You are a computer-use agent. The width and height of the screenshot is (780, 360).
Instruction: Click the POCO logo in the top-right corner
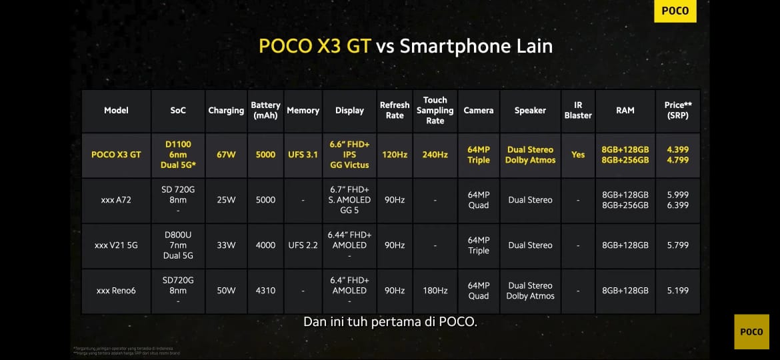coord(675,11)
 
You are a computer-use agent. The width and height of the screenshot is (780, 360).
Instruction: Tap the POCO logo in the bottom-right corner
coord(751,332)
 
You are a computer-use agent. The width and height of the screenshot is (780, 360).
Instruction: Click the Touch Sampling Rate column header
coord(435,111)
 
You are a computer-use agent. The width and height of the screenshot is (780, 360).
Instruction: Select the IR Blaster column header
coord(578,111)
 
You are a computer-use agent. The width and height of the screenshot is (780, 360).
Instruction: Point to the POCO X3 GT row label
coord(116,155)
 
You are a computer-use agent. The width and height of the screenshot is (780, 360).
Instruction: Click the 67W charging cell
coord(226,155)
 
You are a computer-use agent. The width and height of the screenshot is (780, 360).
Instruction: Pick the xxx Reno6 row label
coord(116,291)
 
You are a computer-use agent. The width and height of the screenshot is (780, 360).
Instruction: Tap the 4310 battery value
coord(265,291)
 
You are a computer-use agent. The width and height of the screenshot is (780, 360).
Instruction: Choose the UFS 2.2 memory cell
coord(303,245)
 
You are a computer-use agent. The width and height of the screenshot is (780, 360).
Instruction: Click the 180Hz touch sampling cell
coord(435,291)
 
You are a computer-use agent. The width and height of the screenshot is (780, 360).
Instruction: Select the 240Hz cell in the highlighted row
coord(435,155)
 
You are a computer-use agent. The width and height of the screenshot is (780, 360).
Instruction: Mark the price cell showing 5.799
coord(677,245)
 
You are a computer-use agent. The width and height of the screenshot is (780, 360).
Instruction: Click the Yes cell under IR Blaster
coord(578,155)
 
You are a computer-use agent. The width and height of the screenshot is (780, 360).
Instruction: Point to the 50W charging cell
coord(226,291)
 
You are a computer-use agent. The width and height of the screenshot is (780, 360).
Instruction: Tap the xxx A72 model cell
coord(116,200)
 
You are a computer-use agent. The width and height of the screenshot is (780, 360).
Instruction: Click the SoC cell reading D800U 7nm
coord(178,245)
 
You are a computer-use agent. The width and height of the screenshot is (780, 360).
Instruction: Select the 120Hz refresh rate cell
coord(395,155)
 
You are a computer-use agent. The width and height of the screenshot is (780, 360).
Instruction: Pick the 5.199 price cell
coord(677,291)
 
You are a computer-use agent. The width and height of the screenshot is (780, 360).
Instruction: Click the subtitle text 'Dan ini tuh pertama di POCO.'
coord(390,322)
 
